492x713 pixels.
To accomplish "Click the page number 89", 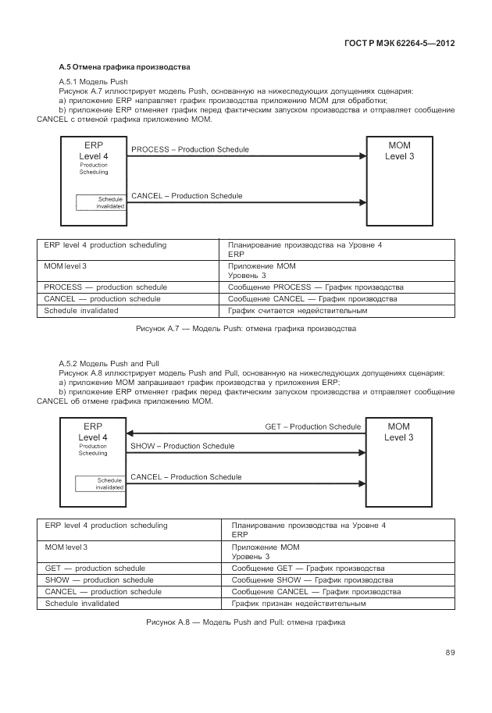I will click(x=450, y=652).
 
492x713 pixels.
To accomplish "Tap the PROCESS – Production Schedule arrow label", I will click(x=191, y=149).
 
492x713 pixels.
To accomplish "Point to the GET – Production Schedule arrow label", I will click(x=313, y=426).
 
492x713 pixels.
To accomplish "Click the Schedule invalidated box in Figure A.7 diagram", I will click(x=101, y=202).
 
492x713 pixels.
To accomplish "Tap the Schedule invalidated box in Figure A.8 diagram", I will click(x=101, y=483).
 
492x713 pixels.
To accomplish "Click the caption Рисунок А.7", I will click(x=246, y=329).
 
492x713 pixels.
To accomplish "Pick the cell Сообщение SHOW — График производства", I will click(x=312, y=580).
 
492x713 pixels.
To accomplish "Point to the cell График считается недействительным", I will click(x=298, y=311).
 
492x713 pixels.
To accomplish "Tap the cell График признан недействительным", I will click(x=299, y=604).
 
